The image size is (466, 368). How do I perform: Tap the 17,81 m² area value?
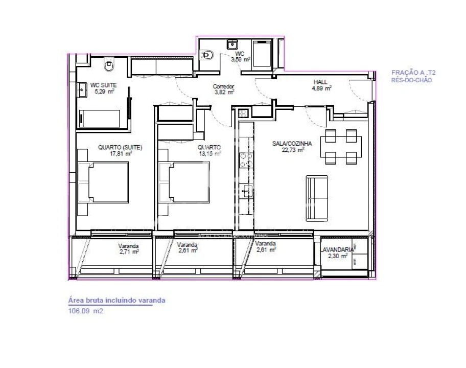point(120,152)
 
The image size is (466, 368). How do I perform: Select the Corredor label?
point(223,86)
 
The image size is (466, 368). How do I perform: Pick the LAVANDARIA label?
point(337,250)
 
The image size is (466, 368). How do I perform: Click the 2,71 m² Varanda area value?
point(129,251)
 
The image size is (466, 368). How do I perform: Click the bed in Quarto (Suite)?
point(105,183)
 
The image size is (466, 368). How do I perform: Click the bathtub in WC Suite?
point(102,119)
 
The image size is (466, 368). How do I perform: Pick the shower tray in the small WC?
point(265,54)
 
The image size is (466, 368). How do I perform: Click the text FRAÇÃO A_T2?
point(413,73)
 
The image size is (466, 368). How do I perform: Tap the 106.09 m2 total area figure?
point(86,310)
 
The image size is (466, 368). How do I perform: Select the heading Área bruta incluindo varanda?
point(116,300)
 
